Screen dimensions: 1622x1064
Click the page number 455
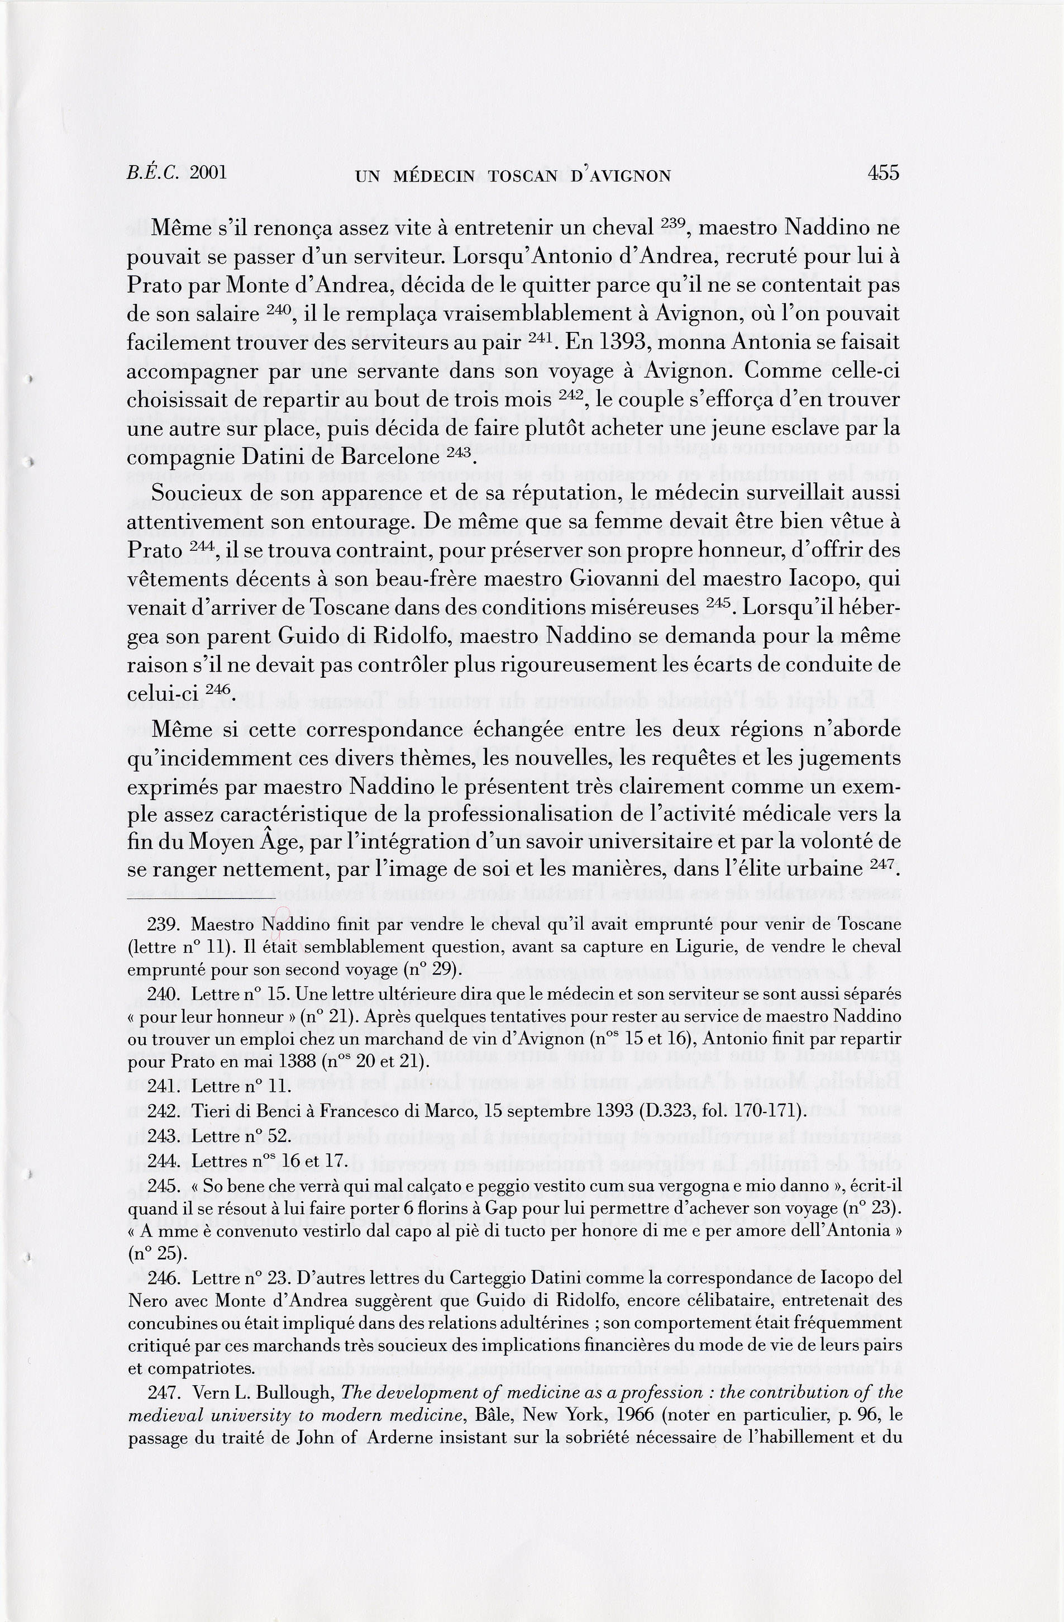(884, 173)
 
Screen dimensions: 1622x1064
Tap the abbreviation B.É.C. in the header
(153, 173)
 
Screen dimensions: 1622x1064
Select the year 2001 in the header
(208, 173)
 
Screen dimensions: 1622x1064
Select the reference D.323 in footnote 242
(666, 1111)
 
